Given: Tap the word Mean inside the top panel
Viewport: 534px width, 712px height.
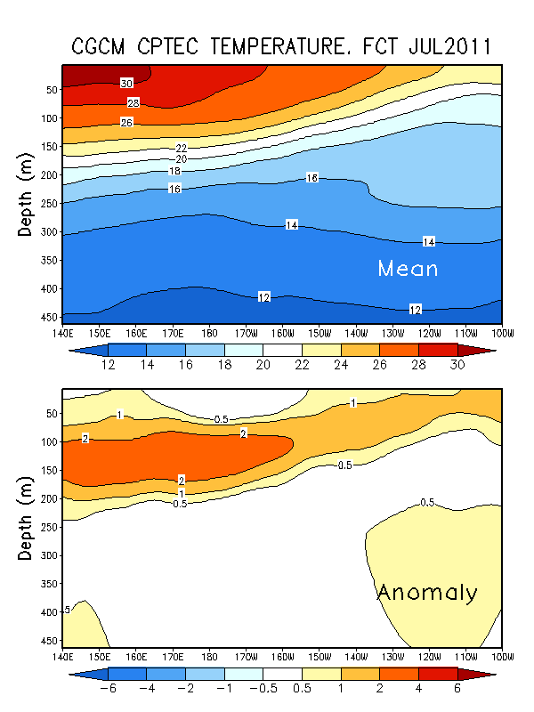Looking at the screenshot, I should click(407, 267).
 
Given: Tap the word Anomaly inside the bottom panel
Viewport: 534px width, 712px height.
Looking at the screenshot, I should click(427, 592).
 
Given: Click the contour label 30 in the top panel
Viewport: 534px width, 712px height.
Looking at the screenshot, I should click(127, 83).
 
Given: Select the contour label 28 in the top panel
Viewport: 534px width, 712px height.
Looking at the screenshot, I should click(133, 103).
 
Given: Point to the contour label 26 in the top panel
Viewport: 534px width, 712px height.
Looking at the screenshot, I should click(127, 122).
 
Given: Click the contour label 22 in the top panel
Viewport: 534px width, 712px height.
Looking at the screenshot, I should click(182, 148).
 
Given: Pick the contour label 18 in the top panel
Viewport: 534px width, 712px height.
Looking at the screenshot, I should click(175, 171).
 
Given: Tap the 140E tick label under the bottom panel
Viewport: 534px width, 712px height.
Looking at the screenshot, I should click(62, 658).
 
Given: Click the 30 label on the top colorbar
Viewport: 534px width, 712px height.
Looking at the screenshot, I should click(457, 366).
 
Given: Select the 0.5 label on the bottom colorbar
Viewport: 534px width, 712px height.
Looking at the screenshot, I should click(302, 690).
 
